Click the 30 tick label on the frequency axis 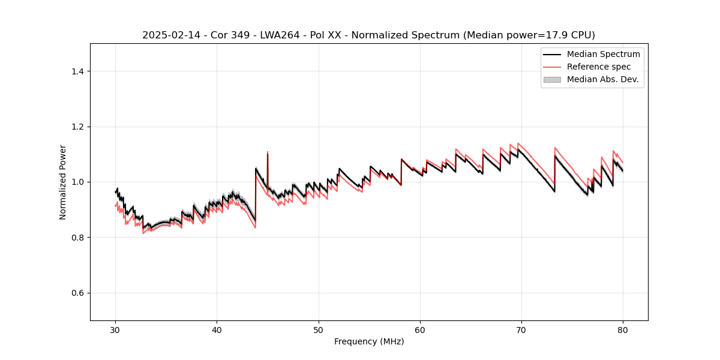(x=115, y=329)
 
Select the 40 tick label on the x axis (x=217, y=329)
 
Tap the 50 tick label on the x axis (x=319, y=329)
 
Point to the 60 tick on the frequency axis (x=420, y=329)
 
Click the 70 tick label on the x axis (x=521, y=329)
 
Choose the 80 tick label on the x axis (x=623, y=329)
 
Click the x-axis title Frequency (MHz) (x=369, y=341)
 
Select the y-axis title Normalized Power (x=62, y=182)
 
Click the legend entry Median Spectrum (x=603, y=54)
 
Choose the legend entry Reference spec (x=599, y=67)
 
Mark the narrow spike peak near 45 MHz (x=268, y=152)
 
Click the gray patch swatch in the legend (x=552, y=79)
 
